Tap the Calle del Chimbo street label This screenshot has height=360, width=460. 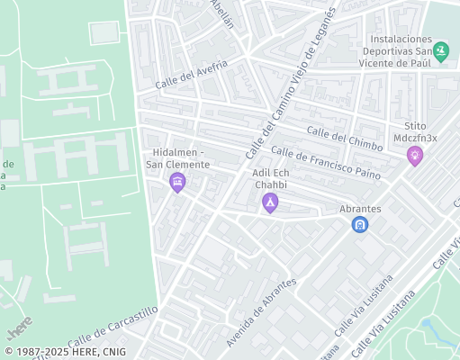coord(345,139)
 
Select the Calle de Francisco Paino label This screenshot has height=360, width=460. coord(325,163)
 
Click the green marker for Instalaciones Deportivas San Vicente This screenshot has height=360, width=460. coord(440,52)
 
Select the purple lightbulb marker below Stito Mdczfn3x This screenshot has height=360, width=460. coord(415,157)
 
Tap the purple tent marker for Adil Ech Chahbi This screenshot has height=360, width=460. coord(269,203)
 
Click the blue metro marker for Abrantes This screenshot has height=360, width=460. coord(360,224)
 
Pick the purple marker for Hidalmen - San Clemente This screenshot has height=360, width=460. coord(177,184)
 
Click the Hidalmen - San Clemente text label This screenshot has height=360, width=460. coord(178,158)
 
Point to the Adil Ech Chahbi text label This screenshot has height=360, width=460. coord(270,178)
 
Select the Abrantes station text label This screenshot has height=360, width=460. coord(360,209)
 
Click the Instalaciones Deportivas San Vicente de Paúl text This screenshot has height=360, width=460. coord(396,51)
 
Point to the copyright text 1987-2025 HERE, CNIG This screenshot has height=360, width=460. coord(65,352)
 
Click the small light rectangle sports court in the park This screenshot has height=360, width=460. coord(104,31)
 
